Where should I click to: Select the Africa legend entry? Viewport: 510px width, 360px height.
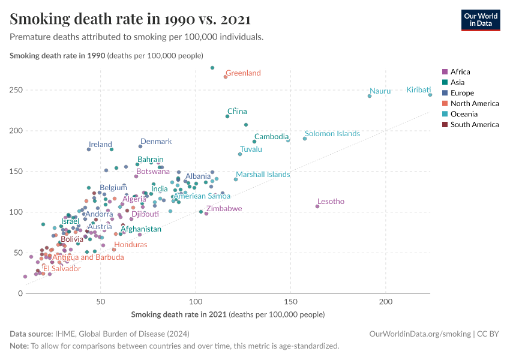(460, 71)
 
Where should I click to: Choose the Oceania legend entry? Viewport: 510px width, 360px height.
(463, 114)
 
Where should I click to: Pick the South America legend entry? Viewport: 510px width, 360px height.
(474, 125)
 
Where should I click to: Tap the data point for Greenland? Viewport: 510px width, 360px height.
(226, 77)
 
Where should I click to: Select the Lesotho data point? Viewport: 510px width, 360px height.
(317, 206)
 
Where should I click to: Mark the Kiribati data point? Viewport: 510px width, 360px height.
(430, 95)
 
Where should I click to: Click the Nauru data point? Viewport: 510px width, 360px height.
(370, 96)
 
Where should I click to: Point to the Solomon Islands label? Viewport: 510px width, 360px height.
(332, 134)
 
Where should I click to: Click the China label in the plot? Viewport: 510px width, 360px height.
(237, 112)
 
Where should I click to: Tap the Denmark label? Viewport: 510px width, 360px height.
(156, 142)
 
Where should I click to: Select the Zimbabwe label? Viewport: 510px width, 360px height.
(224, 209)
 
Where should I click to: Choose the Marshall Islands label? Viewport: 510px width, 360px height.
(263, 175)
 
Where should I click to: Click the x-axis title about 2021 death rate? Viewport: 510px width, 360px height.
(227, 314)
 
